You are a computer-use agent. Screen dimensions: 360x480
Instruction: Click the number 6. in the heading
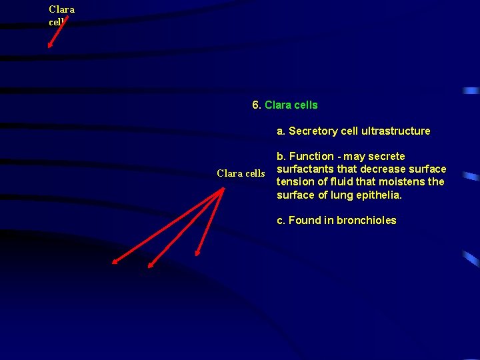[x=257, y=105]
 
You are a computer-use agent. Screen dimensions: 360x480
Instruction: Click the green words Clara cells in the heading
[x=291, y=105]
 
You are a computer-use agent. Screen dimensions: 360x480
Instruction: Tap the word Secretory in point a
[x=313, y=131]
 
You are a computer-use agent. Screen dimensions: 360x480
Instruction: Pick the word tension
[x=295, y=182]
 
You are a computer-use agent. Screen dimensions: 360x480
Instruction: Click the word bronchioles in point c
[x=367, y=221]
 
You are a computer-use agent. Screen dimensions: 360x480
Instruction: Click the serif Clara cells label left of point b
[x=241, y=174]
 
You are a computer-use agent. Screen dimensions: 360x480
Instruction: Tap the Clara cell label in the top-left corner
[x=61, y=15]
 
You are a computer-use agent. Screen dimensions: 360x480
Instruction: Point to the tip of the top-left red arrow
[x=48, y=48]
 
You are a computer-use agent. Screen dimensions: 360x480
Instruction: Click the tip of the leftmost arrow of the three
[x=112, y=264]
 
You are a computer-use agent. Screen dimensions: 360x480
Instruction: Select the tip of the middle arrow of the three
[x=148, y=267]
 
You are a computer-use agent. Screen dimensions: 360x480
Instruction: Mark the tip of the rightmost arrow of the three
[x=197, y=255]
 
